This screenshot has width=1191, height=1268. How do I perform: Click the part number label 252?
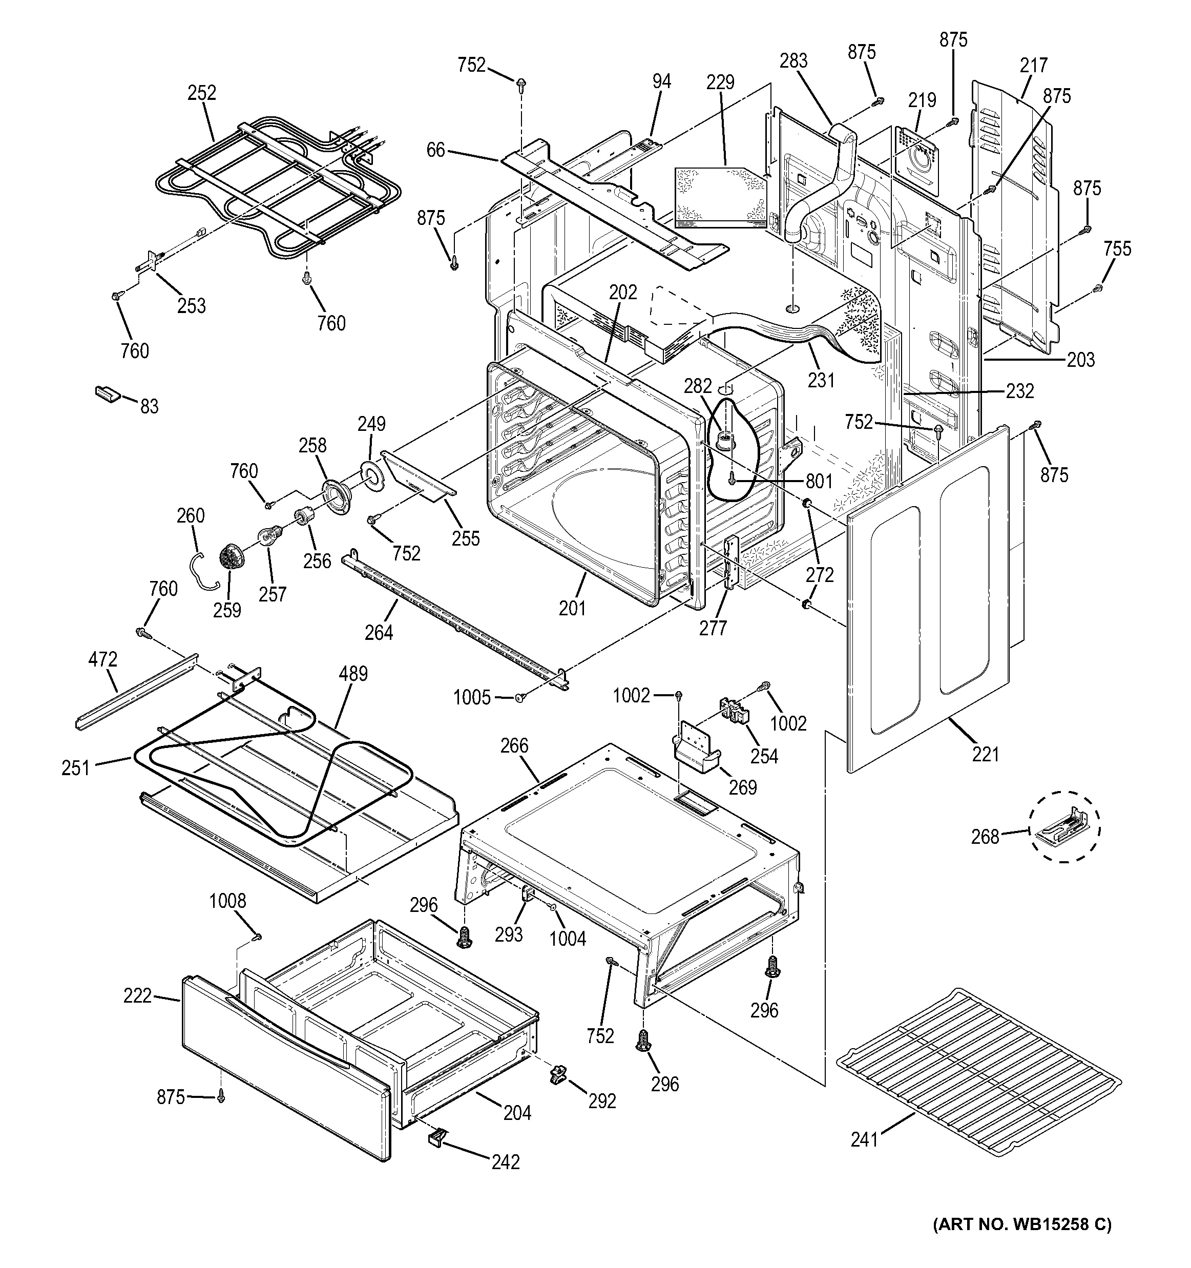click(x=201, y=93)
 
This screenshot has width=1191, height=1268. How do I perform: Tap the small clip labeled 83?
click(x=106, y=394)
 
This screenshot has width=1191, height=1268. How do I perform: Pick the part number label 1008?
click(x=227, y=901)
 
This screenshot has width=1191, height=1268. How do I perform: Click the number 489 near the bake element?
click(x=353, y=674)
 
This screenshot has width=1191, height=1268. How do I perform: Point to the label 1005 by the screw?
click(x=472, y=698)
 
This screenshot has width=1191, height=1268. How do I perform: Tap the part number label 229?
click(x=720, y=83)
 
